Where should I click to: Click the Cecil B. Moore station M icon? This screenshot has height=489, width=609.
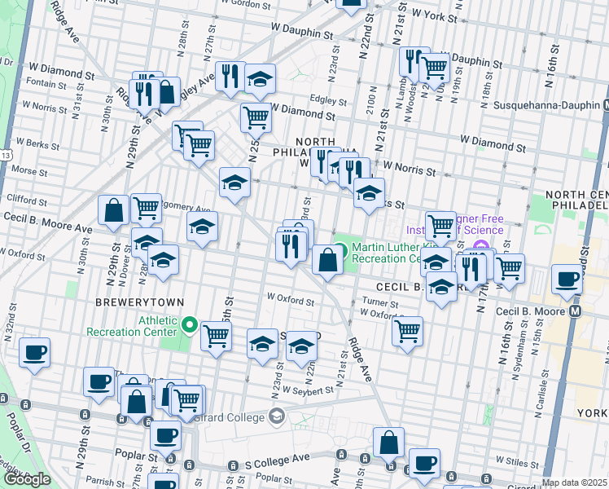[x=576, y=311]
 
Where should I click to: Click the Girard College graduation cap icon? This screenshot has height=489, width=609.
[x=277, y=417]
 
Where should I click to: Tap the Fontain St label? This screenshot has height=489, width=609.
[x=46, y=83]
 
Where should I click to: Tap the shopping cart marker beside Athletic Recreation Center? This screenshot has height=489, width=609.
[x=216, y=335]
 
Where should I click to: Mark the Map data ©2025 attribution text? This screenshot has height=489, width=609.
[x=575, y=482]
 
